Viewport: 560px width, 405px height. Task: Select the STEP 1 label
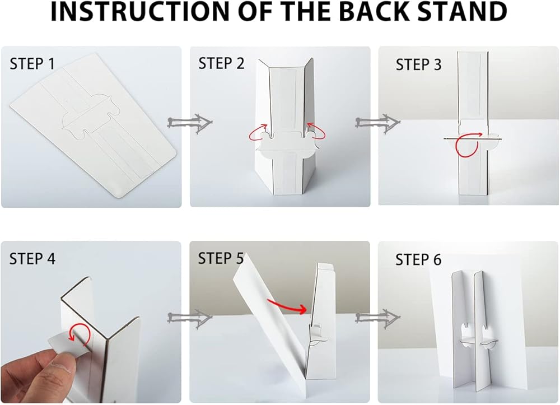pyautogui.click(x=32, y=64)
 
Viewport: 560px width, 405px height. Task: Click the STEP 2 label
pyautogui.click(x=221, y=63)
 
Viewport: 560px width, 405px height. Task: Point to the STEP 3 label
pyautogui.click(x=418, y=64)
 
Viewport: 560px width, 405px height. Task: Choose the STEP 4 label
pyautogui.click(x=32, y=259)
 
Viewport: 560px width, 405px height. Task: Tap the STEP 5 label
pyautogui.click(x=221, y=258)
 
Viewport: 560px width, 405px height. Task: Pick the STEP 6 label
pyautogui.click(x=418, y=260)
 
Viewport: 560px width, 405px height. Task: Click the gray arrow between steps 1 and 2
pyautogui.click(x=190, y=123)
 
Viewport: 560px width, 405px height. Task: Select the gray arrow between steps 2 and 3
pyautogui.click(x=378, y=123)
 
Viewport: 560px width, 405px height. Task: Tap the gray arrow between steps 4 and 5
pyautogui.click(x=190, y=317)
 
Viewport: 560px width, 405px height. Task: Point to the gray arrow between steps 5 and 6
pyautogui.click(x=378, y=317)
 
